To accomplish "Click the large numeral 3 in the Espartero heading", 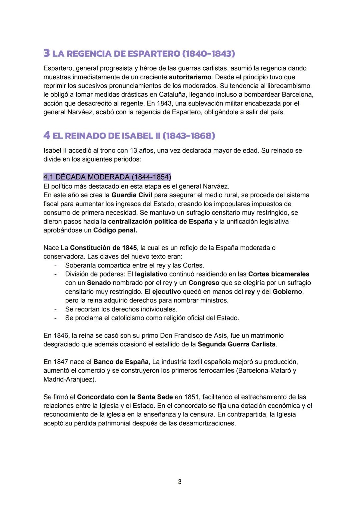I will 47,53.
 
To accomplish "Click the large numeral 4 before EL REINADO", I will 47,135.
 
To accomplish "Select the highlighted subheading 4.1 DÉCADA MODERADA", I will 107,177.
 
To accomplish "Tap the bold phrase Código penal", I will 115,230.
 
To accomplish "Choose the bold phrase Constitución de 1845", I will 103,248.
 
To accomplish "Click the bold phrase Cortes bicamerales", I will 279,274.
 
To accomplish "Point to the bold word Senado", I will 99,283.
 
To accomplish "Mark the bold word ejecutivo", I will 167,292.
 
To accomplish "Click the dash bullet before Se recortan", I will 56,309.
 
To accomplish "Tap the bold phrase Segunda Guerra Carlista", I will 237,344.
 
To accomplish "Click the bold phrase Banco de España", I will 121,362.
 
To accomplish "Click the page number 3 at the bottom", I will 180,482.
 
